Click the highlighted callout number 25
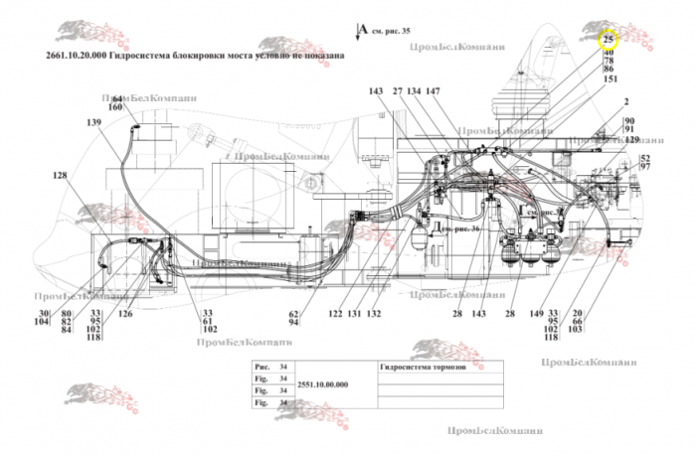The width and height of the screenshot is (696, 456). tap(608, 40)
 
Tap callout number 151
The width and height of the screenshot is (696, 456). tap(610, 78)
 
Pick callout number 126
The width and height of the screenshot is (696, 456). tap(125, 314)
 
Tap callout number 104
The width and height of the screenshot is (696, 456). tap(41, 323)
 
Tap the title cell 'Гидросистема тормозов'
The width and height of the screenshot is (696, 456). tap(416, 366)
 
